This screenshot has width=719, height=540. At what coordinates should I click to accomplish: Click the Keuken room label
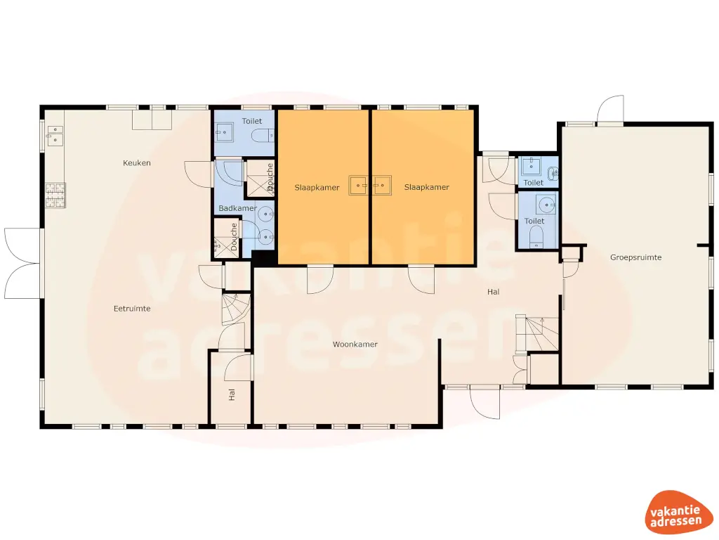[137, 163]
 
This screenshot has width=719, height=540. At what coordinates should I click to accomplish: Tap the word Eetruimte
[133, 308]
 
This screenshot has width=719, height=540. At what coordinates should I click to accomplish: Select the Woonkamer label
[355, 345]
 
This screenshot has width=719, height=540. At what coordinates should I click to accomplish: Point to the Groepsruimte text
[635, 257]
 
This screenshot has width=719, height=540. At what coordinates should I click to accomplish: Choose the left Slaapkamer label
[317, 188]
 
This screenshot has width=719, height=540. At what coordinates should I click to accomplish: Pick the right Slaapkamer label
[426, 188]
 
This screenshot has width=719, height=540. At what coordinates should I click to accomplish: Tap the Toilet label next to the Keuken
[252, 122]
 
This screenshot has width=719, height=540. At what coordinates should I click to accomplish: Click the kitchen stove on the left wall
[55, 195]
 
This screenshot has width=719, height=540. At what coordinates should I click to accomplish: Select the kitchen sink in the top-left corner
[54, 135]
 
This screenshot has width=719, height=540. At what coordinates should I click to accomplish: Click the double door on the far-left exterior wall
[22, 263]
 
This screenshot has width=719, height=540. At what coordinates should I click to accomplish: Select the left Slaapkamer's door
[320, 278]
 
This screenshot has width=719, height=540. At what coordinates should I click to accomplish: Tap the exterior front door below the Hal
[484, 401]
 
